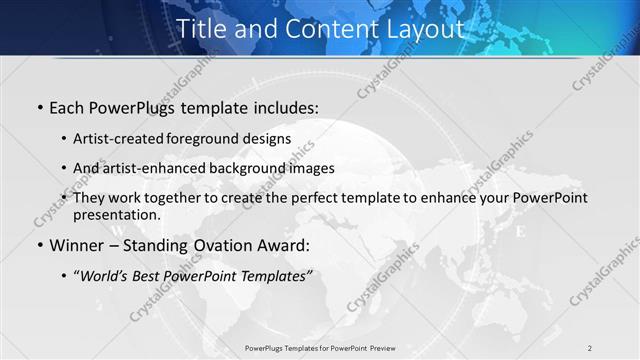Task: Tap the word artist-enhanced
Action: click(159, 168)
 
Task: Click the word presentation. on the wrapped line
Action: click(117, 215)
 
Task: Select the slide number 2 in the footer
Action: click(590, 347)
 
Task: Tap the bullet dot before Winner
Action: click(39, 246)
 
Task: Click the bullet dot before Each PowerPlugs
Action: click(39, 107)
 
